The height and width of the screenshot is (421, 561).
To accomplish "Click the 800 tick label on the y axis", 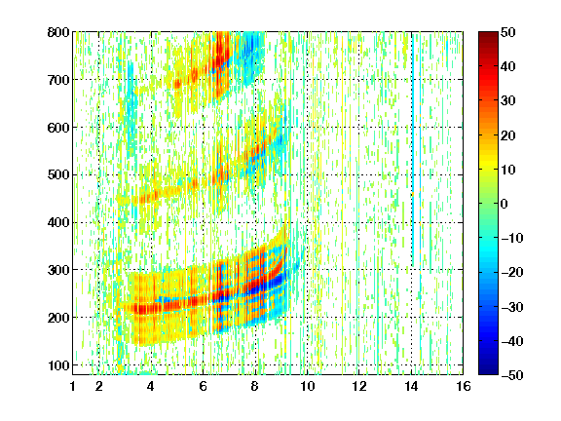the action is pos(58,32).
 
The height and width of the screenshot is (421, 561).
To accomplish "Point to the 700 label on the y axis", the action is pos(58,80).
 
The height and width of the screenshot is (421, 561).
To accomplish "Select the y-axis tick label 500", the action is pos(58,175).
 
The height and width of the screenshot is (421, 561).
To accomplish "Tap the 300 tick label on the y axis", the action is pos(58,270).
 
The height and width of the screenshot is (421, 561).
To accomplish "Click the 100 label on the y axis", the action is pos(58,365).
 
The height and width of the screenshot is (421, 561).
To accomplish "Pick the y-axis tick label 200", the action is pos(58,318).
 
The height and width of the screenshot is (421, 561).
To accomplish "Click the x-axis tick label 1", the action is pos(73,386).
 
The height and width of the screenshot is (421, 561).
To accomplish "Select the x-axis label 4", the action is pos(151,386).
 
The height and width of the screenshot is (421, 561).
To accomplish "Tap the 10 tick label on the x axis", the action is pos(307,386).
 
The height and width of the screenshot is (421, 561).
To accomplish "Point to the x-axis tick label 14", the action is pos(411,386).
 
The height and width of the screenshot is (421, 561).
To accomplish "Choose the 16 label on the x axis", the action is pos(464,386).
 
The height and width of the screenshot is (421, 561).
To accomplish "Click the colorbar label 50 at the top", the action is pos(508,32).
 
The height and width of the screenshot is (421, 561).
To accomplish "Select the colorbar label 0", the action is pos(505,204).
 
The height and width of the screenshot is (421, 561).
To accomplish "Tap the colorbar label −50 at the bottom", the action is pos(512,375).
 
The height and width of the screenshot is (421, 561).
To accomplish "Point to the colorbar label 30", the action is pos(508,101).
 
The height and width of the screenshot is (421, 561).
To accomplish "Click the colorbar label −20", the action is pos(512,272).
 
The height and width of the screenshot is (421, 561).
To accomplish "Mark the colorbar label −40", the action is pos(512,341).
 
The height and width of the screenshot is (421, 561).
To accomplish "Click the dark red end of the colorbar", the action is pos(488,35).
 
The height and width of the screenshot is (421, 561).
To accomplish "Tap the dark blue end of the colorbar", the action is pos(488,371).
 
